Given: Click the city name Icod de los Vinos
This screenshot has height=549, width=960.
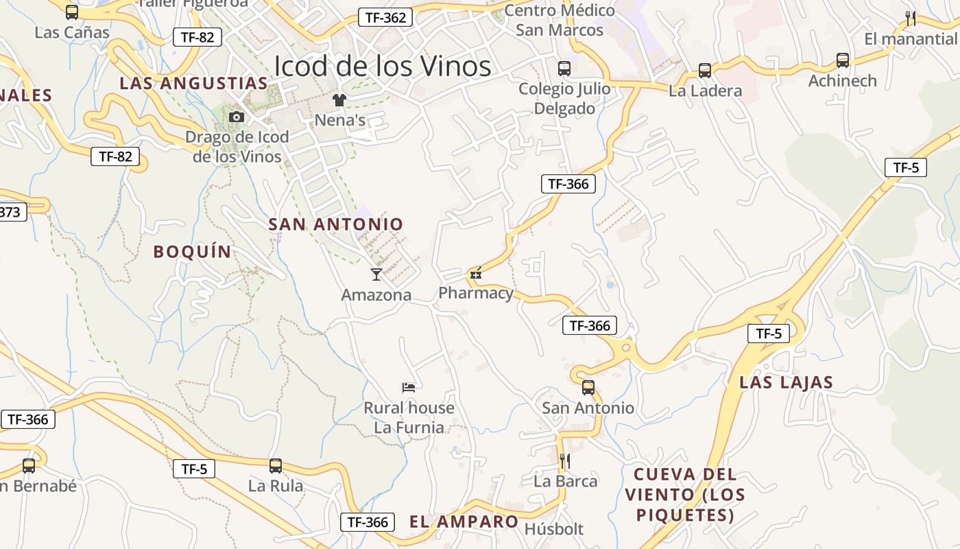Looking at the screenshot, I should (382, 67).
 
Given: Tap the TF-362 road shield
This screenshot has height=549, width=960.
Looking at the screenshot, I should (385, 18).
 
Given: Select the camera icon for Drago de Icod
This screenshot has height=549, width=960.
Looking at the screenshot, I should (237, 117).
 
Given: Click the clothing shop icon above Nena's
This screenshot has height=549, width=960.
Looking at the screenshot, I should (339, 100).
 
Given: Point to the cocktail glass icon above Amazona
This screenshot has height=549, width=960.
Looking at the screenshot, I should (376, 274).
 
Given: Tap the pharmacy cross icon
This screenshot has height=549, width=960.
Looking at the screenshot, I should (475, 274).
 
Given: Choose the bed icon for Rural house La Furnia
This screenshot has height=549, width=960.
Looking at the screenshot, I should (409, 388).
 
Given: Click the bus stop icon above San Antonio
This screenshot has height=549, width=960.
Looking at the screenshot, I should (588, 388).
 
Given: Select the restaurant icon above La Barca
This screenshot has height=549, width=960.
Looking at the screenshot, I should (565, 460).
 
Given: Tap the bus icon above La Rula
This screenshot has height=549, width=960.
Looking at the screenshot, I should (275, 466).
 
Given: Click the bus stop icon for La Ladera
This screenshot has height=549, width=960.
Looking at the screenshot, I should (705, 71).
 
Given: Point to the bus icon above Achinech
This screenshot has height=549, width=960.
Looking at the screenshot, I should (842, 60).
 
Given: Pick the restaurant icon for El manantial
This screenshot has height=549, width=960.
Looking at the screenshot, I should (911, 19).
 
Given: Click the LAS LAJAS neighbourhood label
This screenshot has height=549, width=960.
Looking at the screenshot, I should (786, 382).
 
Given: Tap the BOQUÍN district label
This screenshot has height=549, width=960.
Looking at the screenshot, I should (193, 252).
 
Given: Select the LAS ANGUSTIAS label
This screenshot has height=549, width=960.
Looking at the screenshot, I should (193, 84).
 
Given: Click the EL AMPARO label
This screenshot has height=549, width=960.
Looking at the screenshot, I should (464, 522).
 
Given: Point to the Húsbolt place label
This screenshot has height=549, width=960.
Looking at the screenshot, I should (553, 529).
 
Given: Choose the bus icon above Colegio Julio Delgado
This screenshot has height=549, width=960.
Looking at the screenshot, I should (564, 69).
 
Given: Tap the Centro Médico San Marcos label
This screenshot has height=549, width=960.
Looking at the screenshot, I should (560, 20).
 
